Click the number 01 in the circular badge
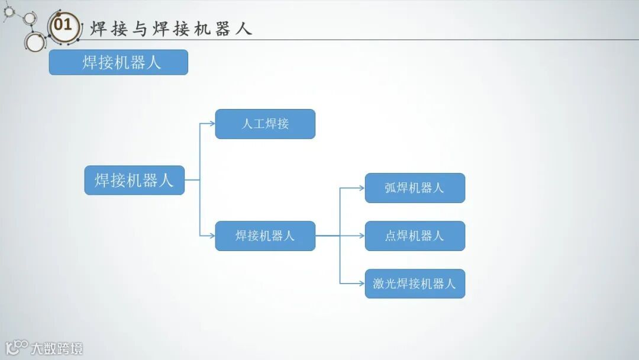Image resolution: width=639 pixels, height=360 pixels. coord(63,25)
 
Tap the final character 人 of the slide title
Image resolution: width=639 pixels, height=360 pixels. coord(244,28)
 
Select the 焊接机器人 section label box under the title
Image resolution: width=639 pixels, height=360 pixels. coord(118,62)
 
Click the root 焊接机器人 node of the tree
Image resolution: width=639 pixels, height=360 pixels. coord(134,180)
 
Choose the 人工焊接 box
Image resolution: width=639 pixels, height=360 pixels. coord(265,124)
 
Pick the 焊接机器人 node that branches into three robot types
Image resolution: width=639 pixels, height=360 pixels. coord(265,236)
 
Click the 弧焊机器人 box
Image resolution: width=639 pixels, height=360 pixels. coord(415,188)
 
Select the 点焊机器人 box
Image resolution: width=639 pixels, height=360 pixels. coord(415,236)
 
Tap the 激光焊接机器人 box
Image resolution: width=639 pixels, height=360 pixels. coord(415,284)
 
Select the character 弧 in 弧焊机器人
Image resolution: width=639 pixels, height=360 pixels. coord(390,188)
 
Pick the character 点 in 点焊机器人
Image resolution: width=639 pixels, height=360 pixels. coord(390,236)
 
